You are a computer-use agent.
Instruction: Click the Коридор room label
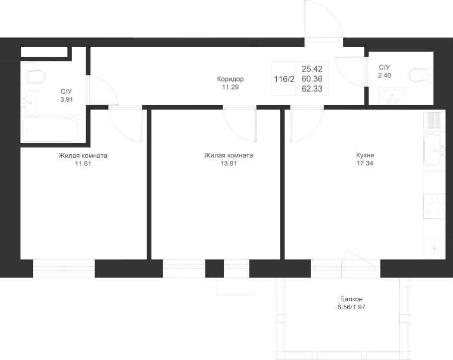(230, 79)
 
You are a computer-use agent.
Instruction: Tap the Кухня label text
(365, 155)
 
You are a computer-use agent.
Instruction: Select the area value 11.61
(83, 164)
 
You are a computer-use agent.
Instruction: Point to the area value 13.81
(229, 163)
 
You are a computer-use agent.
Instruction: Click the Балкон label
(351, 299)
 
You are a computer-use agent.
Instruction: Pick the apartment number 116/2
(284, 79)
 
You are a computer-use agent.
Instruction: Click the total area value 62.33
(312, 88)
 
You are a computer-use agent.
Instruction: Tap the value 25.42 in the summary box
(312, 69)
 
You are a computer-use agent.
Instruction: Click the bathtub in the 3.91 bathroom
(53, 129)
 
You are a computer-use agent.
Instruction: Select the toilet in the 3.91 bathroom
(34, 76)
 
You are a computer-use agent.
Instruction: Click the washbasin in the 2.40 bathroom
(393, 96)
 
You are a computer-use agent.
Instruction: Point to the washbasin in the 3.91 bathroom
(30, 103)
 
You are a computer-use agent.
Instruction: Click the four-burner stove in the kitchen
(434, 206)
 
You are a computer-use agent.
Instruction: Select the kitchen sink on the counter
(434, 150)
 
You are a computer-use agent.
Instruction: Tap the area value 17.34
(365, 163)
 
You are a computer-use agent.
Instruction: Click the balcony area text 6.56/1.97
(351, 307)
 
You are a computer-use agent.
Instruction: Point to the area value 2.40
(385, 75)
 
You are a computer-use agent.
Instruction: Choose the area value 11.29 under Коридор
(230, 87)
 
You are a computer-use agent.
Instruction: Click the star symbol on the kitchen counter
(435, 248)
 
